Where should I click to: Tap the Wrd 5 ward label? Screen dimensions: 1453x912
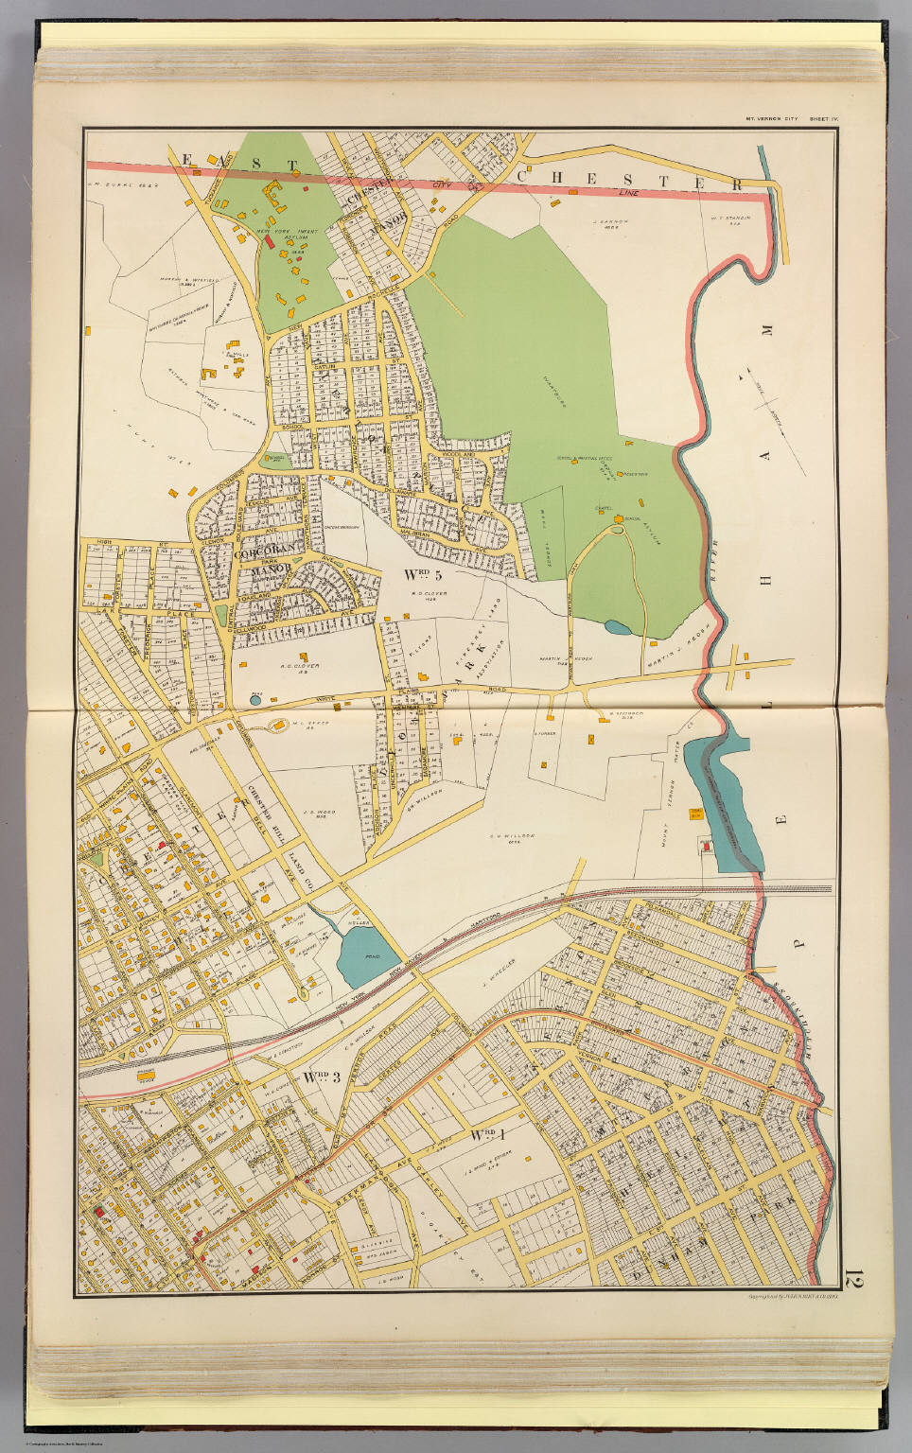423,573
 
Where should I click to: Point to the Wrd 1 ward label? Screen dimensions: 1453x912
482,1134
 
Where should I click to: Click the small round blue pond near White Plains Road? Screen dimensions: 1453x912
254,700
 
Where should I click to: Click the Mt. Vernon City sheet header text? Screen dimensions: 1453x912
772,119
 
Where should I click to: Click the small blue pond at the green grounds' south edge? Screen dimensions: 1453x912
616,626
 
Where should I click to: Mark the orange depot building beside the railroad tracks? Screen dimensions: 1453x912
146,1074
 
